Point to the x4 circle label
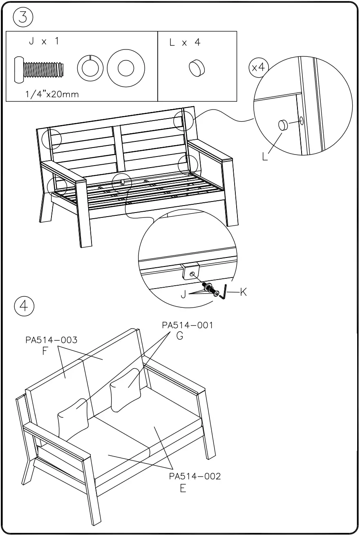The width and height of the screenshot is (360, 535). click(258, 67)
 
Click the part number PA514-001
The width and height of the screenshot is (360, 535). click(188, 325)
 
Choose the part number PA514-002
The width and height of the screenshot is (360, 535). click(195, 477)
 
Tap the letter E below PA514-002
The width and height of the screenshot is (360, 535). click(183, 488)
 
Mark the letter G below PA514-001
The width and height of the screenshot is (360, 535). click(179, 337)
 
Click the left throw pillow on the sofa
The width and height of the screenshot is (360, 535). click(73, 419)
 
